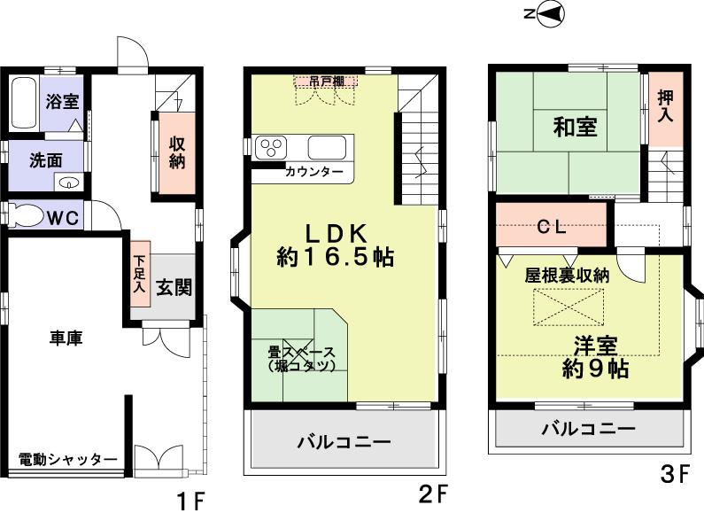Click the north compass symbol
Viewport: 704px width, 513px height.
tap(545, 13)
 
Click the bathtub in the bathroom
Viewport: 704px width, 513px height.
tap(25, 104)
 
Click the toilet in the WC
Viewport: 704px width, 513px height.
tap(24, 215)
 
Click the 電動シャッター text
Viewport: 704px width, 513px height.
tap(67, 459)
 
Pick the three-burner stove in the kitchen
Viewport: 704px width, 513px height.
tap(270, 147)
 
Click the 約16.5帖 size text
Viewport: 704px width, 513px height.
tap(335, 258)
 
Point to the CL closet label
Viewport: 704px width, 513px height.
tap(552, 225)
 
